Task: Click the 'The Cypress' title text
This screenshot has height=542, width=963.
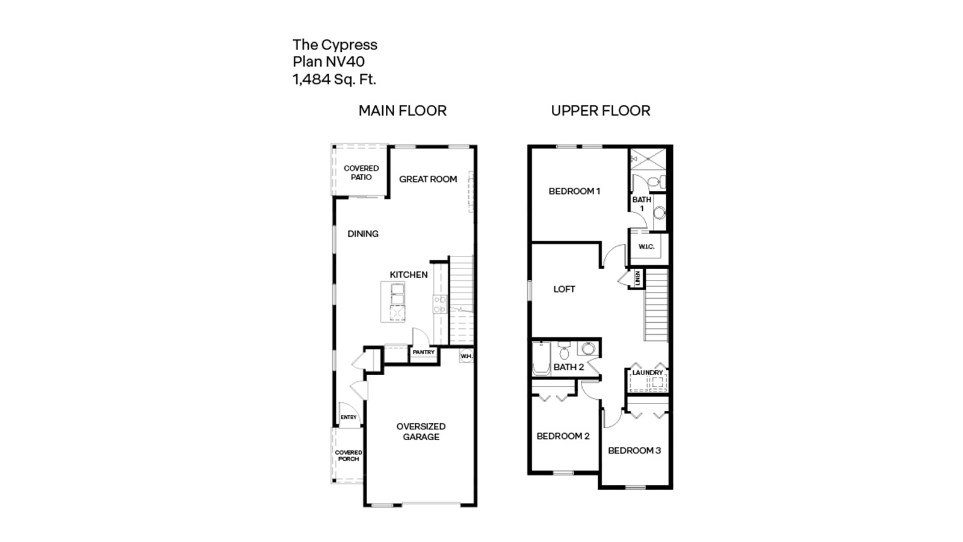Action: tap(335, 45)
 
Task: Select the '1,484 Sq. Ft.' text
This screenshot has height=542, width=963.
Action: tap(334, 79)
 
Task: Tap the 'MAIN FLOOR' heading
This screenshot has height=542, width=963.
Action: tap(402, 111)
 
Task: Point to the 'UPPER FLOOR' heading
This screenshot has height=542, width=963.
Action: tap(600, 111)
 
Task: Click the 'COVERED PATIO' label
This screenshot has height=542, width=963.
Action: tap(361, 173)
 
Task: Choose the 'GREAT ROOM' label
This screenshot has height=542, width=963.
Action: tap(428, 179)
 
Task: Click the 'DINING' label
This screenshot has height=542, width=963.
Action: tap(363, 234)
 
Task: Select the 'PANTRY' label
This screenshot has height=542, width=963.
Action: tap(424, 352)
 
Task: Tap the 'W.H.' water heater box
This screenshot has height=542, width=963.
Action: tap(466, 357)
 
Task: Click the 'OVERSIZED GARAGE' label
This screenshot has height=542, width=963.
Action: tap(421, 432)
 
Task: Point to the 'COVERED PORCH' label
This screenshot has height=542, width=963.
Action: tap(348, 455)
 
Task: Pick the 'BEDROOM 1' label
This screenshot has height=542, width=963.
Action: tap(574, 192)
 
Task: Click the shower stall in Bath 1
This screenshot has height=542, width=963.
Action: tap(648, 160)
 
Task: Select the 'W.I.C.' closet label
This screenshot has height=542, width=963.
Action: tap(646, 247)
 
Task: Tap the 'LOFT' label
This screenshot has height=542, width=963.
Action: tap(564, 289)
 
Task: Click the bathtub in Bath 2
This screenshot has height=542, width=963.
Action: tap(541, 360)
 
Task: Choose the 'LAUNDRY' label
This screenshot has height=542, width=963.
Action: tap(647, 373)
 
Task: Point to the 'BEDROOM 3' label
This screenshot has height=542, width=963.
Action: tap(634, 450)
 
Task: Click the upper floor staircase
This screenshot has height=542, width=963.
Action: tap(656, 307)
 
